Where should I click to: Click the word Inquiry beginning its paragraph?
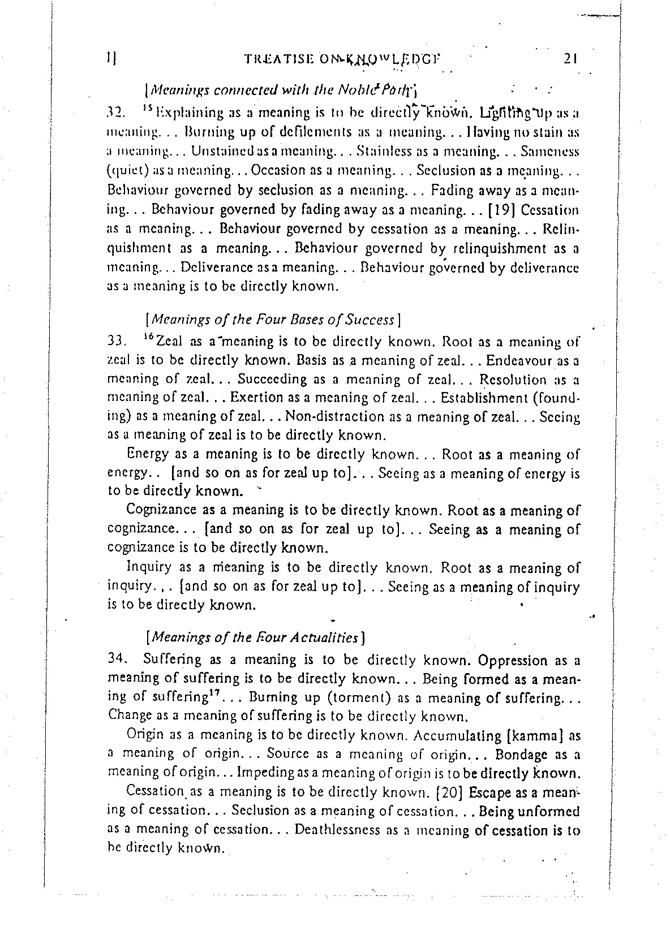point(148,567)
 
